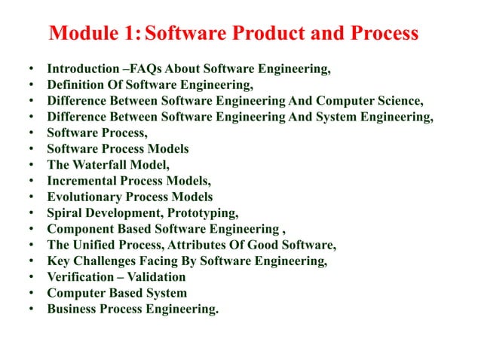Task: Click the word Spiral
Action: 64,212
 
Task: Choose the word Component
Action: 79,229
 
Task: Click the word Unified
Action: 93,245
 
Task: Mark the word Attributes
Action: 204,245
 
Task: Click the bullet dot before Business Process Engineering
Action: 30,308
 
